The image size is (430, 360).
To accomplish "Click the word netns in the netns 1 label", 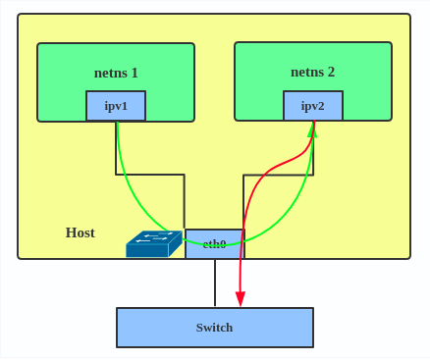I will point(110,73).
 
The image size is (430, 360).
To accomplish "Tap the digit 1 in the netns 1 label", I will point(134,73).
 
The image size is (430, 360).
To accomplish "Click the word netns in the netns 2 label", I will point(306,72).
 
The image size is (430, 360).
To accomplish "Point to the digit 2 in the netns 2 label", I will point(331,72).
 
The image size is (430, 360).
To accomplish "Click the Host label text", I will point(80,232).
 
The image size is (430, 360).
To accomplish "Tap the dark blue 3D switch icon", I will point(153,244).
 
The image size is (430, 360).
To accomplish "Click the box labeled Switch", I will point(215,328).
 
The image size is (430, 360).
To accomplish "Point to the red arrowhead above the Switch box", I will point(241,299).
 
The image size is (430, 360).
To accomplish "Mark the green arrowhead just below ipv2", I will point(313,129).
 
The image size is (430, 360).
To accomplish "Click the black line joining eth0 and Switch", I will point(215,283).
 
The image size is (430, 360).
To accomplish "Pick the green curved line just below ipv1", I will point(120,147).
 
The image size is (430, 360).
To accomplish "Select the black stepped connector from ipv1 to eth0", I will point(149,175).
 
